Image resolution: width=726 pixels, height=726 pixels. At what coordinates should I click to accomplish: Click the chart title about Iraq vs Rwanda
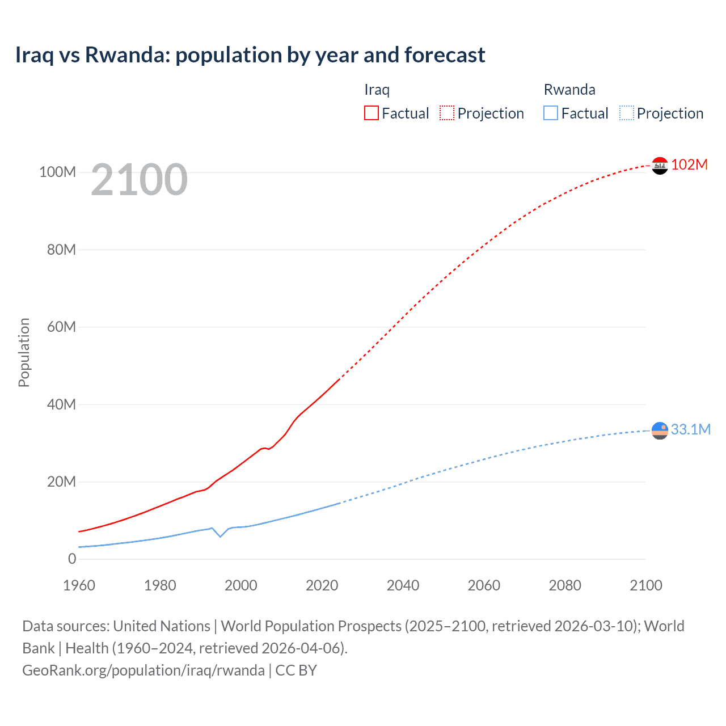tap(250, 55)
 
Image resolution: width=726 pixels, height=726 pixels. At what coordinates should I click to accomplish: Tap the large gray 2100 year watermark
tap(139, 180)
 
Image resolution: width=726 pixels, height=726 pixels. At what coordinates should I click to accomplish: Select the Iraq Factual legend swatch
tap(371, 113)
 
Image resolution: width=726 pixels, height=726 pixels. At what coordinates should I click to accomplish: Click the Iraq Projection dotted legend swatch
tap(447, 113)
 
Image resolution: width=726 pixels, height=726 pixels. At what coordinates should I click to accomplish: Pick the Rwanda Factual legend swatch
tap(550, 113)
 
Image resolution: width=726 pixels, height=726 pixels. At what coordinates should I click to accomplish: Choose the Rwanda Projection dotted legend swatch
tap(627, 113)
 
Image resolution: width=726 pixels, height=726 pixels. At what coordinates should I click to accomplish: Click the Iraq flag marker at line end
tap(660, 166)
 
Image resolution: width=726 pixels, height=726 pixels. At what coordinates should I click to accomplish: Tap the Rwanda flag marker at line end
tap(660, 431)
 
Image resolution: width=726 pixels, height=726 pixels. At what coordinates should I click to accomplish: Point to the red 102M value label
tap(689, 164)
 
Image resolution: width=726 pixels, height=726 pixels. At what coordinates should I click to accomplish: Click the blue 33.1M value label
tap(690, 429)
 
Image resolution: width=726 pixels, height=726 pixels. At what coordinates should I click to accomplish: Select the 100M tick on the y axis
tap(57, 172)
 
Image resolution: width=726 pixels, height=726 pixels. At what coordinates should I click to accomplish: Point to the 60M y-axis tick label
tap(61, 327)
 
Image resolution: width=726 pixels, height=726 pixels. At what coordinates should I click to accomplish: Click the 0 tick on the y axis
tap(72, 559)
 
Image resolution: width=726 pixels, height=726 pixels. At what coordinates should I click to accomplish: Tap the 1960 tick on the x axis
tap(79, 585)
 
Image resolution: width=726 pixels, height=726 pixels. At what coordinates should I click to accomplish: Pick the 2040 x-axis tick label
tap(403, 585)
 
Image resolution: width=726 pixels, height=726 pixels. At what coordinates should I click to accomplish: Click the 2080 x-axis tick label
tap(565, 585)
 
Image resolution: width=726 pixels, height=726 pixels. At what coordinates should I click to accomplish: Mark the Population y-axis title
tap(24, 352)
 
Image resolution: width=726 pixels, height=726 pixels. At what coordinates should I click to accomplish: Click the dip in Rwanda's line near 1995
tap(220, 536)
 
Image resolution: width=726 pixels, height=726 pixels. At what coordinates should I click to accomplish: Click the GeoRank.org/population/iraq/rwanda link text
tap(143, 670)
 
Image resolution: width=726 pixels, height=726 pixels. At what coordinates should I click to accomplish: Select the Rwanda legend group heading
tap(569, 90)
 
